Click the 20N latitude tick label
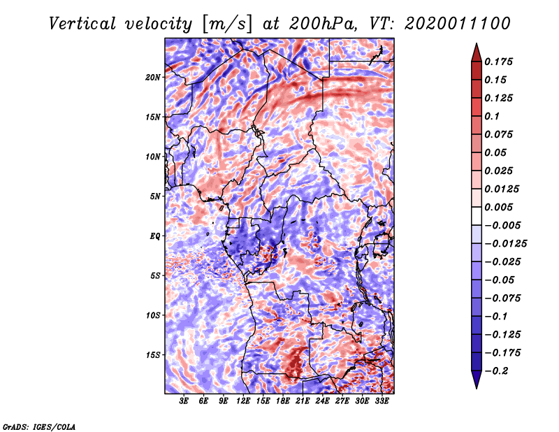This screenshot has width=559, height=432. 153,77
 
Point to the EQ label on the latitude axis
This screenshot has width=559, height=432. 155,236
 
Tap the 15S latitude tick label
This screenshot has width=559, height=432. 153,355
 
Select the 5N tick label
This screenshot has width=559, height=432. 155,196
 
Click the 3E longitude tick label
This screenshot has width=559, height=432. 184,402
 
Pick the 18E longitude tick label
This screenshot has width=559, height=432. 283,402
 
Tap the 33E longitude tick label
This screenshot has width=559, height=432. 382,402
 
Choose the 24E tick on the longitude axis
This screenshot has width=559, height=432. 322,402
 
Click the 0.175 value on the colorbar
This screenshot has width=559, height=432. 500,62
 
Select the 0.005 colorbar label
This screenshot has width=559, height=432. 500,207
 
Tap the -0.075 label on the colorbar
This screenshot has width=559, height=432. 505,298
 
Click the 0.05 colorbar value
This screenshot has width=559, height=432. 497,152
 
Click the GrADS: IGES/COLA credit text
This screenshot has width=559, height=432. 39,426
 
